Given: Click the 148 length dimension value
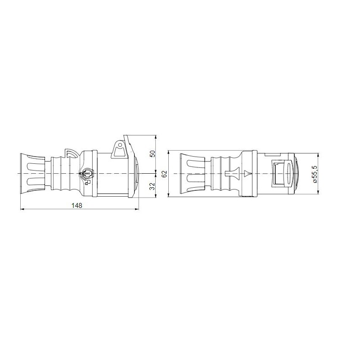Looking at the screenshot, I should [78, 205].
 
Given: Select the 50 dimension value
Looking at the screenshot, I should [152, 153].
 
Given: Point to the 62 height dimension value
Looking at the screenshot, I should [164, 174].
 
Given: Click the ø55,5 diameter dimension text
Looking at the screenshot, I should [315, 174].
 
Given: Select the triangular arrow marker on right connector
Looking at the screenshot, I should [247, 173].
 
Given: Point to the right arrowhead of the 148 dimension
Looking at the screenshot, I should [137, 209].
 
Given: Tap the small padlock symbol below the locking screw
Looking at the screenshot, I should [88, 182].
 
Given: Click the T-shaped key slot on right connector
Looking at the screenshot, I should [229, 173].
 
